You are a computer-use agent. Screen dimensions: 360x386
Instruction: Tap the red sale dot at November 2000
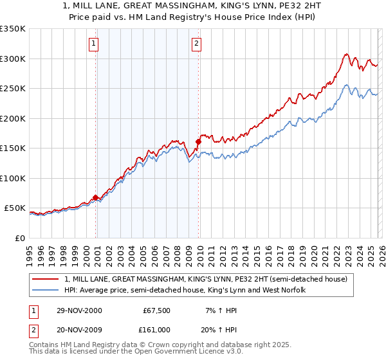pyautogui.click(x=96, y=198)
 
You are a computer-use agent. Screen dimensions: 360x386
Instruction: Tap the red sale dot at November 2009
pyautogui.click(x=198, y=142)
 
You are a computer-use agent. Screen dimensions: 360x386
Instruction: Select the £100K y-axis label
pyautogui.click(x=13, y=178)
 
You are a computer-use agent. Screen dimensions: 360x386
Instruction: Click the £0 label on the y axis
pyautogui.click(x=19, y=238)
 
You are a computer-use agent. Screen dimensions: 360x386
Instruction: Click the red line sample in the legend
pyautogui.click(x=46, y=280)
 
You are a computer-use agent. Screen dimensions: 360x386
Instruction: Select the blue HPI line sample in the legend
pyautogui.click(x=46, y=291)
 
